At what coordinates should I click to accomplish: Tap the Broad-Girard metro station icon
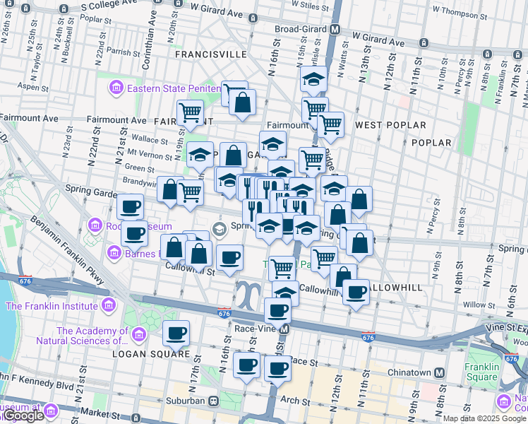pos(335,30)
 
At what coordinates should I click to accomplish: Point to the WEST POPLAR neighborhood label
pos(390,125)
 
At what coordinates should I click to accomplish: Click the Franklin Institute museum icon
pos(108,306)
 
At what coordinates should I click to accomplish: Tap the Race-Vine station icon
pos(284,329)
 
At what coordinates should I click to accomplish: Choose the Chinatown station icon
pos(440,372)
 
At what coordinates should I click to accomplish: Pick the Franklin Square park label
pos(481,372)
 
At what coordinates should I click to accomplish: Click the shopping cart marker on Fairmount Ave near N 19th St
pos(190,112)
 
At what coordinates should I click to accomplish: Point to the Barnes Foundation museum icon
pos(114,252)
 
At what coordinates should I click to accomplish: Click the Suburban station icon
pos(212,401)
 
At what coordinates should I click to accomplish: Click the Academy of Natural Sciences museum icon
pos(138,335)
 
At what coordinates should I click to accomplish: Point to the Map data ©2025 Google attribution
pos(484,418)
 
